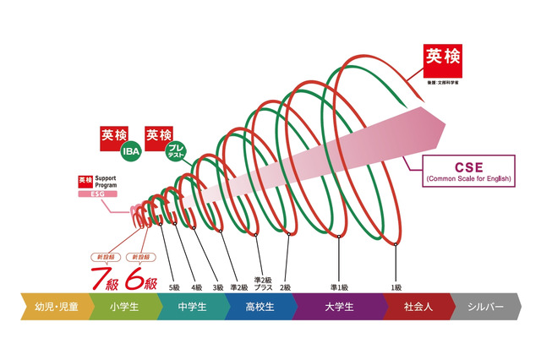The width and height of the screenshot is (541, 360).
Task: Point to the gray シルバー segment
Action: click(x=486, y=307)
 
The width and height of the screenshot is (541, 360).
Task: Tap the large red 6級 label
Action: click(x=142, y=275)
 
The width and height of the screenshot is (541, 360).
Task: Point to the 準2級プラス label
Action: click(x=263, y=283)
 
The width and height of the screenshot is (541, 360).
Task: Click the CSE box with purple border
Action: click(x=463, y=171)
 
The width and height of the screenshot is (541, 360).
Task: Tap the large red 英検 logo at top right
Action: click(x=444, y=59)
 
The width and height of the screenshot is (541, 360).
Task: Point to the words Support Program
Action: click(x=111, y=182)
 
